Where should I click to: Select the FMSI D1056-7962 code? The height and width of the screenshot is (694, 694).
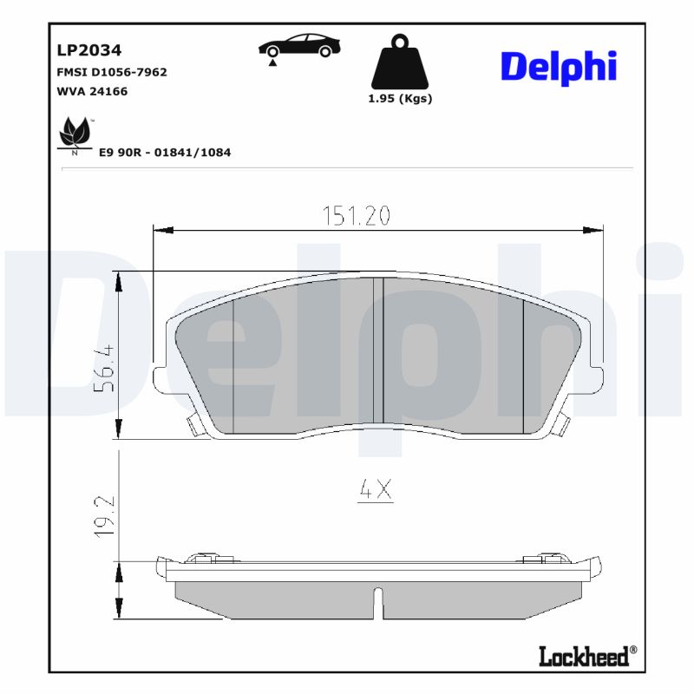coord(111,72)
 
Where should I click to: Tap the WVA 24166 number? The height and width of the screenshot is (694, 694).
coord(92,91)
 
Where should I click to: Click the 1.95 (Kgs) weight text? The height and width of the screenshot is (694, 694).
coord(400,98)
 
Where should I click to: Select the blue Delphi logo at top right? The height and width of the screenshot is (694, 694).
coord(558,67)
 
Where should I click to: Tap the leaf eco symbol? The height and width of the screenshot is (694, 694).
coord(75,135)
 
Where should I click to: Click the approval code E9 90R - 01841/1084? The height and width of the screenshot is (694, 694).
coord(164,153)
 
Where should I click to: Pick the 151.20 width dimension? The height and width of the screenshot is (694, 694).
coord(356,216)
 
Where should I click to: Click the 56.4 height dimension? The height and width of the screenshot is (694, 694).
coord(104,369)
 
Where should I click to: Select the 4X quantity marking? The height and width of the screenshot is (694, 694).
coord(376,491)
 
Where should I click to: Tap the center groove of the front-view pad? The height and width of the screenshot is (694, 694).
coord(378,356)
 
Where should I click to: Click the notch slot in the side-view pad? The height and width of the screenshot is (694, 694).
coord(377,602)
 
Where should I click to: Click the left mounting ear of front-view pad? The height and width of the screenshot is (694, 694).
coord(158,378)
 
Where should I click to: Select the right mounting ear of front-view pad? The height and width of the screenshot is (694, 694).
coord(597,378)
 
